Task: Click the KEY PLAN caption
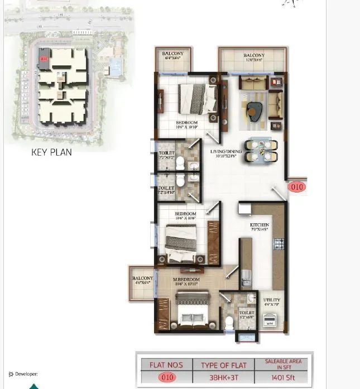[x=51, y=152]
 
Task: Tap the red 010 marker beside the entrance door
[x=297, y=187]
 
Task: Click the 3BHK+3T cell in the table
[x=222, y=377]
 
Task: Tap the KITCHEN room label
[x=260, y=225]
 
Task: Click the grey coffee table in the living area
[x=255, y=111]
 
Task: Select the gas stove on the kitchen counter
[x=279, y=244]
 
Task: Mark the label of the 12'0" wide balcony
[x=254, y=57]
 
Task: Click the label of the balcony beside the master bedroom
[x=142, y=280]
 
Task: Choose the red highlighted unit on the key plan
[x=44, y=57]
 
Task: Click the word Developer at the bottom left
[x=26, y=374]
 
